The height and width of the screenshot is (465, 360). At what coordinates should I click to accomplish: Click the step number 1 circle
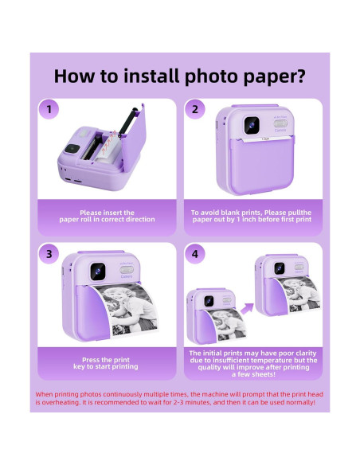[49, 109]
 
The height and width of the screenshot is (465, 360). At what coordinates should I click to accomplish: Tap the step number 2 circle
[194, 109]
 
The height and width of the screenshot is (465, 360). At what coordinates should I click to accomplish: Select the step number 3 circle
[49, 254]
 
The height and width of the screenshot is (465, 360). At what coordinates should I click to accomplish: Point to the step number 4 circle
[194, 254]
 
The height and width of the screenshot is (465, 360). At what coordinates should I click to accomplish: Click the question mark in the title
[300, 76]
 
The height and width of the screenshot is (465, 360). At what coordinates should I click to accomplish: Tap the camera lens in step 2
[252, 125]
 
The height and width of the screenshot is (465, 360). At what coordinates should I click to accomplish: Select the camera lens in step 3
[97, 272]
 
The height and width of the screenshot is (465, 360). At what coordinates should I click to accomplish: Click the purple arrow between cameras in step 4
[247, 308]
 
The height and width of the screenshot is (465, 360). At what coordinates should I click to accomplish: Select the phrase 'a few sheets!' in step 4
[253, 374]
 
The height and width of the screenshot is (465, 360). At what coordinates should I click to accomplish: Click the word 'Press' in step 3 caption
[91, 360]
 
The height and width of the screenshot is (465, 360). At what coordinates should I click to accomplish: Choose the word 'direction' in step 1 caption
[140, 220]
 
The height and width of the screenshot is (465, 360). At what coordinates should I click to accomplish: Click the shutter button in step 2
[280, 123]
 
